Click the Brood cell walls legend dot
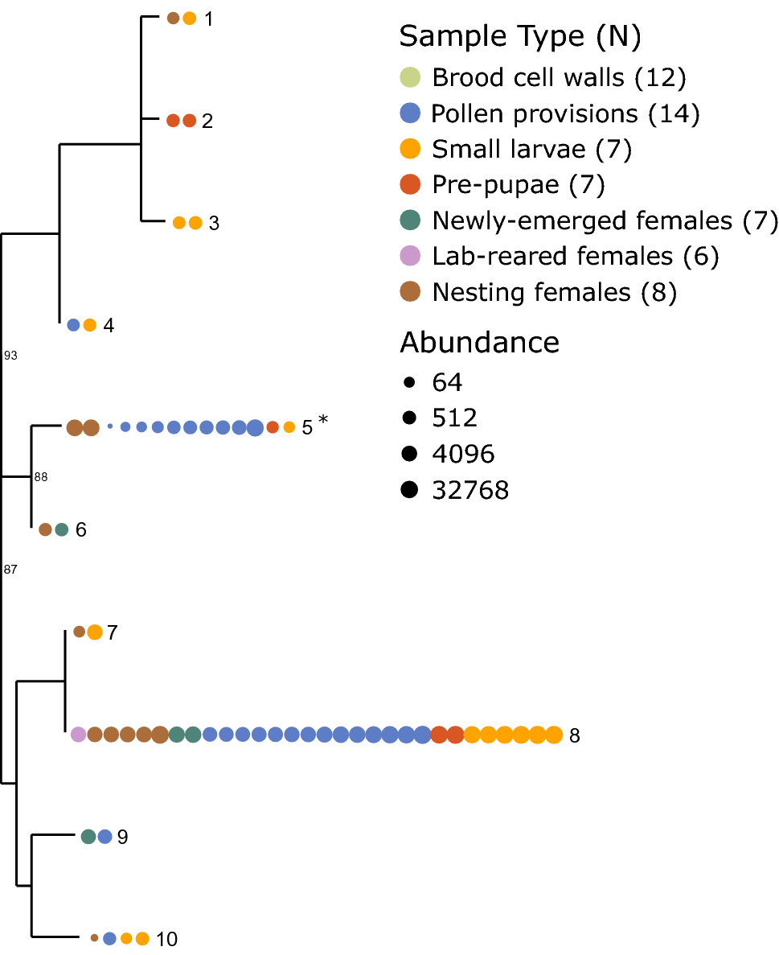[411, 78]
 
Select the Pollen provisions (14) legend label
[565, 113]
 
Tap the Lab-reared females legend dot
[411, 257]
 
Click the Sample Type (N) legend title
[519, 36]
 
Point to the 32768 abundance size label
[470, 490]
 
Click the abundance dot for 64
[410, 381]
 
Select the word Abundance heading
[479, 343]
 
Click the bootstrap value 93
[10, 355]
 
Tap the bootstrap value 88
[41, 477]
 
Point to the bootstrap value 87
[10, 570]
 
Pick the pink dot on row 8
[78, 735]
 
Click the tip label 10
[167, 939]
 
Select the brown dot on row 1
[173, 19]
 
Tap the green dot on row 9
[88, 837]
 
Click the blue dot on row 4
[73, 325]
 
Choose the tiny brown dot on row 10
[94, 938]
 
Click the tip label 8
[574, 735]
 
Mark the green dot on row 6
[62, 529]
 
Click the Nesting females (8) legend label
[555, 292]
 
